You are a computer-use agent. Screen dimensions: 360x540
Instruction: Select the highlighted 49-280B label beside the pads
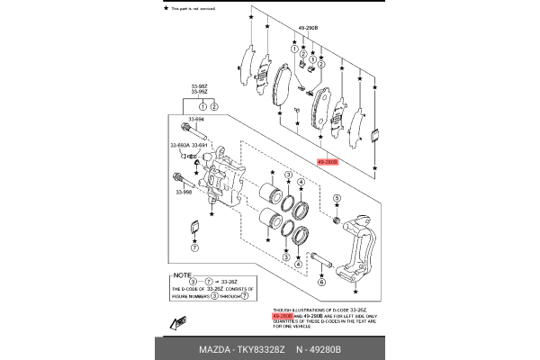pyautogui.click(x=327, y=163)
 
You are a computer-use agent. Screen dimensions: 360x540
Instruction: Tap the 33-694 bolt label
pyautogui.click(x=197, y=118)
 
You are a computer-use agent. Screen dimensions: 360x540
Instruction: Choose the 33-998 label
pyautogui.click(x=184, y=192)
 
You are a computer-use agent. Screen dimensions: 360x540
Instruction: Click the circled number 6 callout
pyautogui.click(x=319, y=282)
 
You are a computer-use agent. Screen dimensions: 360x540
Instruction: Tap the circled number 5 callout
pyautogui.click(x=337, y=198)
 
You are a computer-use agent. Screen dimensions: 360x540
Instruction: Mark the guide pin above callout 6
pyautogui.click(x=324, y=264)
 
